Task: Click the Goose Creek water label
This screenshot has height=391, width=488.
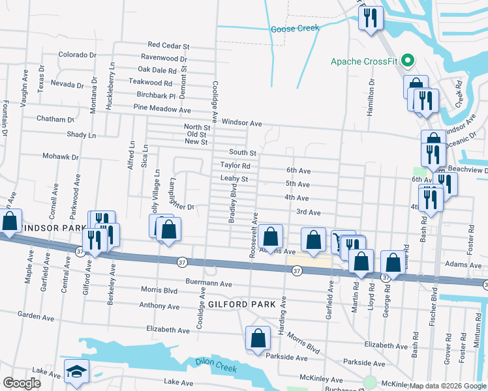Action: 295,28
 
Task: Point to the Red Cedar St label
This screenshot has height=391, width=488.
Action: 168,46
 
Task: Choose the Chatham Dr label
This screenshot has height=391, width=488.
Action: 56,120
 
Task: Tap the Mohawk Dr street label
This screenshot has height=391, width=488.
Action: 61,157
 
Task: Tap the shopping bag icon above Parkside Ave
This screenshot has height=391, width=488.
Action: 258,338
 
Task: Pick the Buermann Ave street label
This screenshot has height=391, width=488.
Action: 209,284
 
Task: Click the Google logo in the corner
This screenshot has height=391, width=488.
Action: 22,383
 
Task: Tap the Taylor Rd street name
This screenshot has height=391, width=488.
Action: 235,166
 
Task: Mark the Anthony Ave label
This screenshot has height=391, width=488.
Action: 159,306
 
